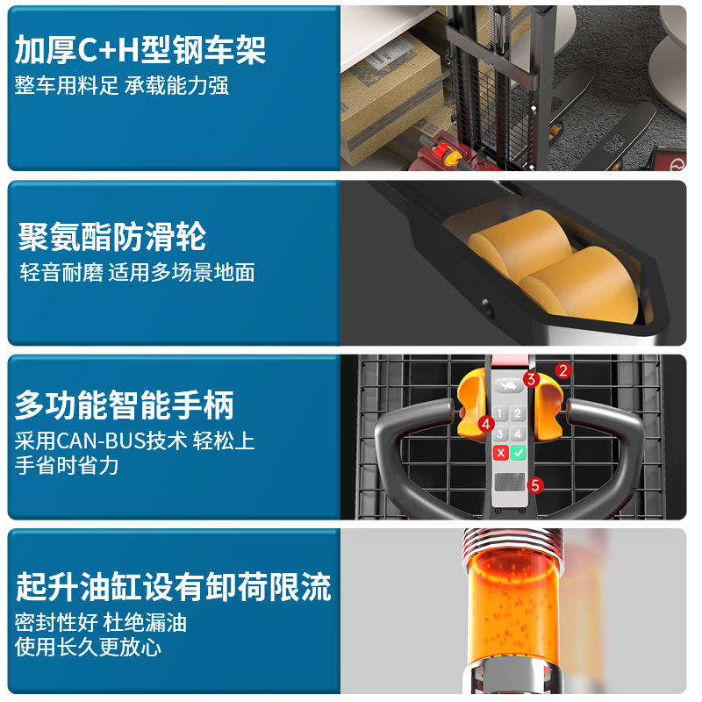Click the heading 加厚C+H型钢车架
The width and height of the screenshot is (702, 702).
tap(140, 50)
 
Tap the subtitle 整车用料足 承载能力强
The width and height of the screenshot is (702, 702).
tap(122, 85)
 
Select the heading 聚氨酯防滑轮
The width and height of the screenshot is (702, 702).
tap(112, 236)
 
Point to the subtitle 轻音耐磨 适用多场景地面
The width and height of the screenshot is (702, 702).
tap(137, 272)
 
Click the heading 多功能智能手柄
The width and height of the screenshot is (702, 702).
tap(124, 405)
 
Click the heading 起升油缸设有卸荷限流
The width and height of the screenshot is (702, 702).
tap(173, 586)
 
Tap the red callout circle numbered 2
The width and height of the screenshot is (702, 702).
tap(563, 370)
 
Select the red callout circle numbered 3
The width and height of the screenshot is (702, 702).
tap(532, 379)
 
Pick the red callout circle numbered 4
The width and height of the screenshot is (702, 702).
tap(486, 424)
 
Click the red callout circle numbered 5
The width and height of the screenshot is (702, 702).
tap(535, 485)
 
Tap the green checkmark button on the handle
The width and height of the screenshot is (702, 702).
tap(519, 453)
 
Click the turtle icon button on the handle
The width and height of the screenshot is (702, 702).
tap(508, 386)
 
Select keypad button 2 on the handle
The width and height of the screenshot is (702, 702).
tap(518, 413)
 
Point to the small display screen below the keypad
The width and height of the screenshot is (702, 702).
tap(509, 482)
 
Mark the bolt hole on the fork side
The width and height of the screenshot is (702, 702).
tap(488, 309)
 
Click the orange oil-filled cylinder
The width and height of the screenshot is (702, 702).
tap(514, 609)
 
